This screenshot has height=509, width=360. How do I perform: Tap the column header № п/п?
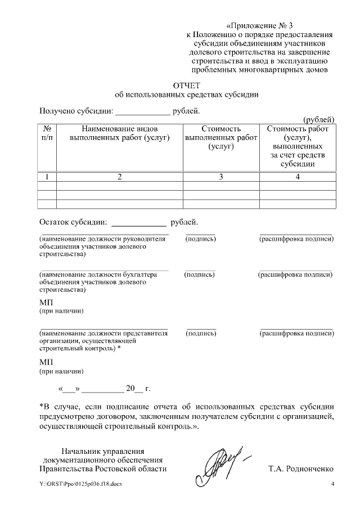click(x=47, y=133)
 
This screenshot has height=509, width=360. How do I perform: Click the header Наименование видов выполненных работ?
click(x=119, y=133)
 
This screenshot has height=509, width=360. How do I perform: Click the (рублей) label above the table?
click(x=319, y=119)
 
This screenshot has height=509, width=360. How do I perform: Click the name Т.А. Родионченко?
click(x=301, y=469)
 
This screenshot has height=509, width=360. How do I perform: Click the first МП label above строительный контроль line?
click(x=46, y=303)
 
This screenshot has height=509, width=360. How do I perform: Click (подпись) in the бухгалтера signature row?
click(x=200, y=274)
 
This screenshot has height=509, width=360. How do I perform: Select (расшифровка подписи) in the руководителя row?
click(x=296, y=239)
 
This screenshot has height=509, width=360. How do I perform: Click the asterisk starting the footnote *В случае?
click(x=41, y=406)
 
